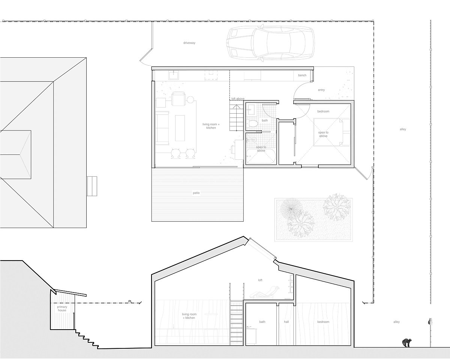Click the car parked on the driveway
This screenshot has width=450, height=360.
(270, 43)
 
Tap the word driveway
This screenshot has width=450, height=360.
(189, 43)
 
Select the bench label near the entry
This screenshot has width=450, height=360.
(302, 75)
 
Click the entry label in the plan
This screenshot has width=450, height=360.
(321, 90)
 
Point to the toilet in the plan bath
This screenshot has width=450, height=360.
(253, 123)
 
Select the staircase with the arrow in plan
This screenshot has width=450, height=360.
(237, 115)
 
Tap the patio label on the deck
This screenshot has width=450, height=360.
(196, 193)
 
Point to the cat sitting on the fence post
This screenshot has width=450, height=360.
(430, 321)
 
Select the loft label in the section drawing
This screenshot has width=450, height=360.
(260, 280)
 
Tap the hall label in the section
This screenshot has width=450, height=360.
(286, 322)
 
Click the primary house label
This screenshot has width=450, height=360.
(62, 309)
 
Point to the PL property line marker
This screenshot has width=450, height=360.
(130, 301)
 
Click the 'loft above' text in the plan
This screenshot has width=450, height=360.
(238, 99)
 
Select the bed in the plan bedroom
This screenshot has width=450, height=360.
(331, 132)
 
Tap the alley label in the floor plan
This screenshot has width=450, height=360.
(403, 129)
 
